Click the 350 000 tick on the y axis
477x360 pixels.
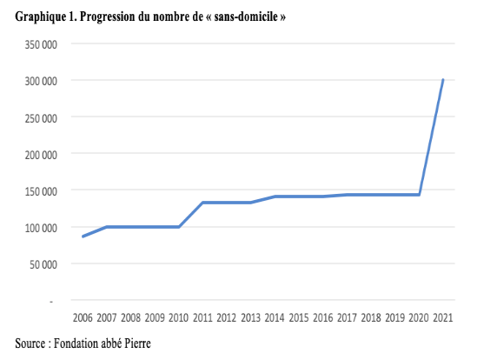[x=41, y=44]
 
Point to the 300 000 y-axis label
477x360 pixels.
[x=41, y=81]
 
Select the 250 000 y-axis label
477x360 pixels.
[x=41, y=118]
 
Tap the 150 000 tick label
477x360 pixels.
[x=41, y=191]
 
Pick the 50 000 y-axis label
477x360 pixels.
[x=43, y=264]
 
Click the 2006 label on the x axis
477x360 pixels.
[x=83, y=317]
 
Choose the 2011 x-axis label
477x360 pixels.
[x=202, y=317]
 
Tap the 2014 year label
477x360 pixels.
[x=275, y=317]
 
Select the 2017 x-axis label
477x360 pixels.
[x=347, y=317]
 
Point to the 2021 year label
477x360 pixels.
[x=443, y=317]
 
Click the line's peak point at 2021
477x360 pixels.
[x=443, y=80]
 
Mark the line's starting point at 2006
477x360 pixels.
[x=83, y=237]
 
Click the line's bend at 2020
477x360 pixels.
[x=419, y=195]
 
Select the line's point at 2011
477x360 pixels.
[x=202, y=203]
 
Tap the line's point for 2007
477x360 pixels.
[x=107, y=227]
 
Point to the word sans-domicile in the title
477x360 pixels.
[x=246, y=17]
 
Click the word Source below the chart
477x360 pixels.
[x=30, y=343]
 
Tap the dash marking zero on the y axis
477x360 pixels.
[x=51, y=302]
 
